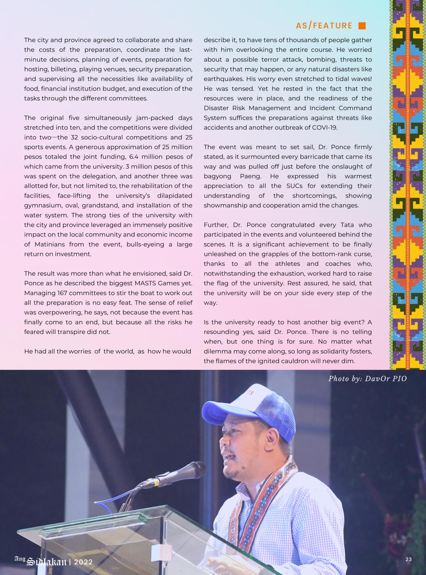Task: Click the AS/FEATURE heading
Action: [324, 26]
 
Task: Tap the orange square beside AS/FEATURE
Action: [362, 26]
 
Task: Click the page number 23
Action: [409, 559]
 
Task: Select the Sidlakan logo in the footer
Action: [46, 561]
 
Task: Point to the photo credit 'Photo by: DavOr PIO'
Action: [368, 379]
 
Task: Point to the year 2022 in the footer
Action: [83, 562]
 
